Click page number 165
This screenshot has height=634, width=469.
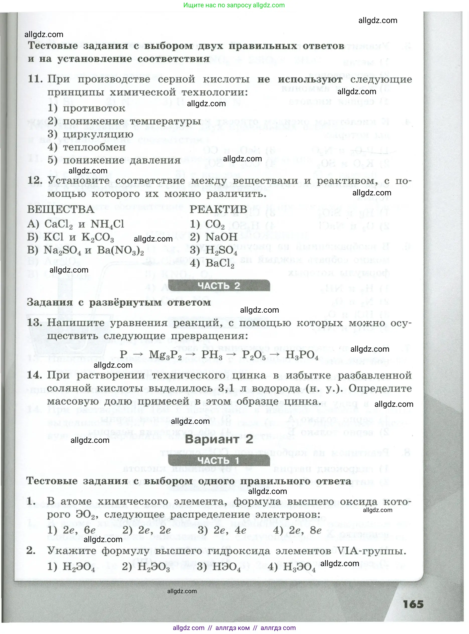click(x=413, y=604)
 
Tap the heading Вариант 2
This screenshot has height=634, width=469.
click(x=219, y=439)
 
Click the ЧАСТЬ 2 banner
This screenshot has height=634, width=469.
click(x=219, y=286)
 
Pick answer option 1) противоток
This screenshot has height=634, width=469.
click(x=86, y=108)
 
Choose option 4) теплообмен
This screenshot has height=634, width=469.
click(x=86, y=147)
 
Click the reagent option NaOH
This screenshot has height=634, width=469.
click(x=213, y=237)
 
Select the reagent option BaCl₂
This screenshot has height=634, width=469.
click(x=212, y=264)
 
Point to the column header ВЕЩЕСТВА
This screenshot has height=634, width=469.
click(x=61, y=209)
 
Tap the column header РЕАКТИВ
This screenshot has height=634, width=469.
click(x=218, y=209)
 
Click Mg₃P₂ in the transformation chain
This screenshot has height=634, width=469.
click(x=165, y=355)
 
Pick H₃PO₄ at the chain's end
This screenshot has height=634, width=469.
click(x=302, y=355)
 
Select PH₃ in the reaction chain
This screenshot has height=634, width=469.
click(x=212, y=355)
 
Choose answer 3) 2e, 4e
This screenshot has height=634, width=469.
click(x=222, y=530)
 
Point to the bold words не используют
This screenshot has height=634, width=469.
click(x=300, y=79)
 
